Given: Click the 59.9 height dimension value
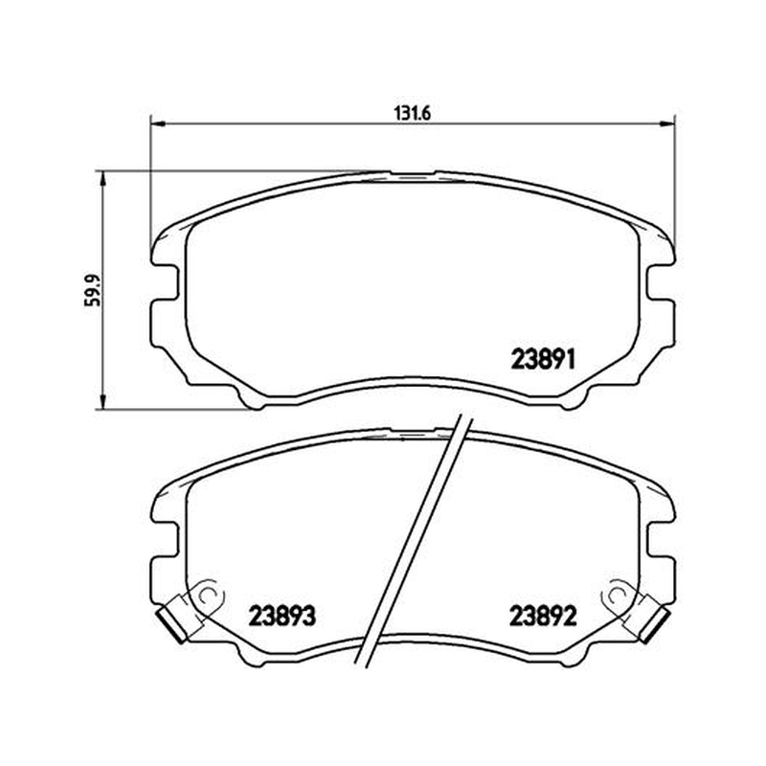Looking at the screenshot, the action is pyautogui.click(x=92, y=290).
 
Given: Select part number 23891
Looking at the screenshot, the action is pyautogui.click(x=544, y=360).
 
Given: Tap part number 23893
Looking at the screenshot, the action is pyautogui.click(x=282, y=616).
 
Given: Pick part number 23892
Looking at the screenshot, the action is pyautogui.click(x=543, y=616).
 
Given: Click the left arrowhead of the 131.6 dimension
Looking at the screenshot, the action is pyautogui.click(x=156, y=124).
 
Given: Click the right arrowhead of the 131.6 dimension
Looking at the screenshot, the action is pyautogui.click(x=667, y=124).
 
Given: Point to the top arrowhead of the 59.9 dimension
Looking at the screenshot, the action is pyautogui.click(x=102, y=178).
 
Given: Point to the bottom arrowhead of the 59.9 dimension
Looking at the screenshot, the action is pyautogui.click(x=102, y=402).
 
